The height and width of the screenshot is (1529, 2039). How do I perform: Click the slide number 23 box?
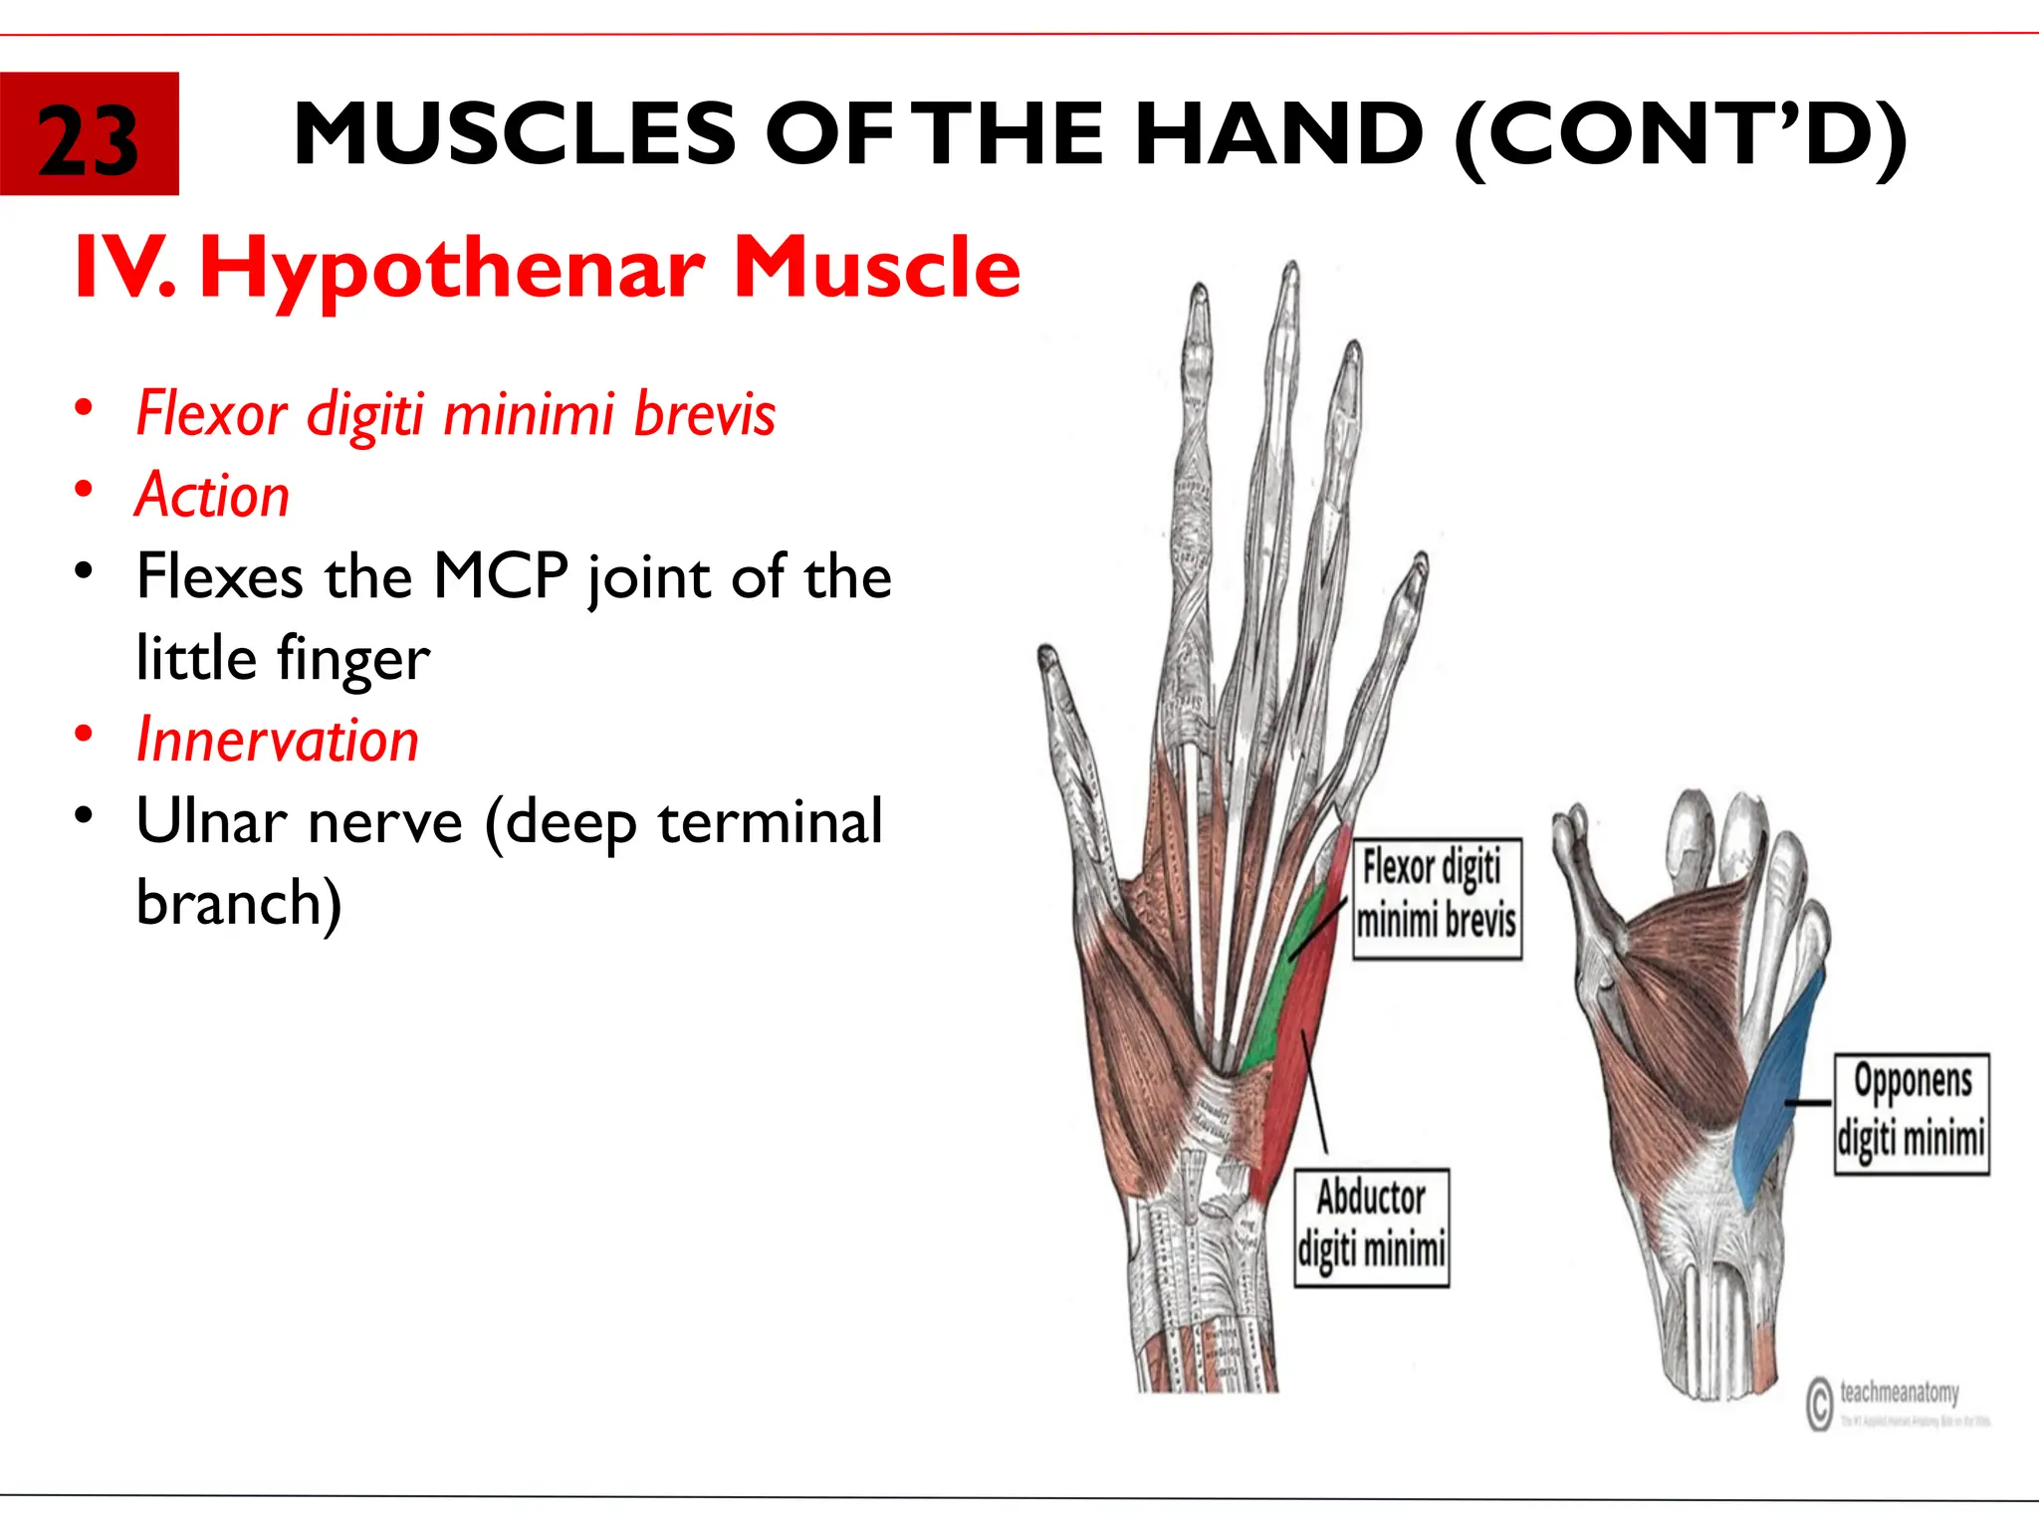[89, 134]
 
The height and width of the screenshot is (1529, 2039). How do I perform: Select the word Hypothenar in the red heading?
[453, 269]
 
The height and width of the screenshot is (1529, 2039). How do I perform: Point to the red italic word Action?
[213, 495]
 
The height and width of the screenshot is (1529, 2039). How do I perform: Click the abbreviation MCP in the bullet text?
[501, 575]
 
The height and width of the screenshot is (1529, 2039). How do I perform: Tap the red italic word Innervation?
[278, 740]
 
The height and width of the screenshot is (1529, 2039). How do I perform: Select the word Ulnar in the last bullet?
[205, 821]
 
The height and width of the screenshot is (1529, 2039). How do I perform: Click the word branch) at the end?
[239, 903]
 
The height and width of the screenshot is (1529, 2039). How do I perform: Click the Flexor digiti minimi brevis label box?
[1437, 898]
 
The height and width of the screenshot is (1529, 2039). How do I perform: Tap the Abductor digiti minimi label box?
[1371, 1227]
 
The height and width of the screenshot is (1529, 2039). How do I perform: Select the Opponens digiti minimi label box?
[1912, 1113]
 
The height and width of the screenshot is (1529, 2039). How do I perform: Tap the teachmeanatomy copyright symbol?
[1819, 1404]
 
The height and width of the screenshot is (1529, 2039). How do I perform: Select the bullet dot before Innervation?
[85, 734]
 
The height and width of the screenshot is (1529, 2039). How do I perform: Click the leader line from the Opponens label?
[1807, 1103]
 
